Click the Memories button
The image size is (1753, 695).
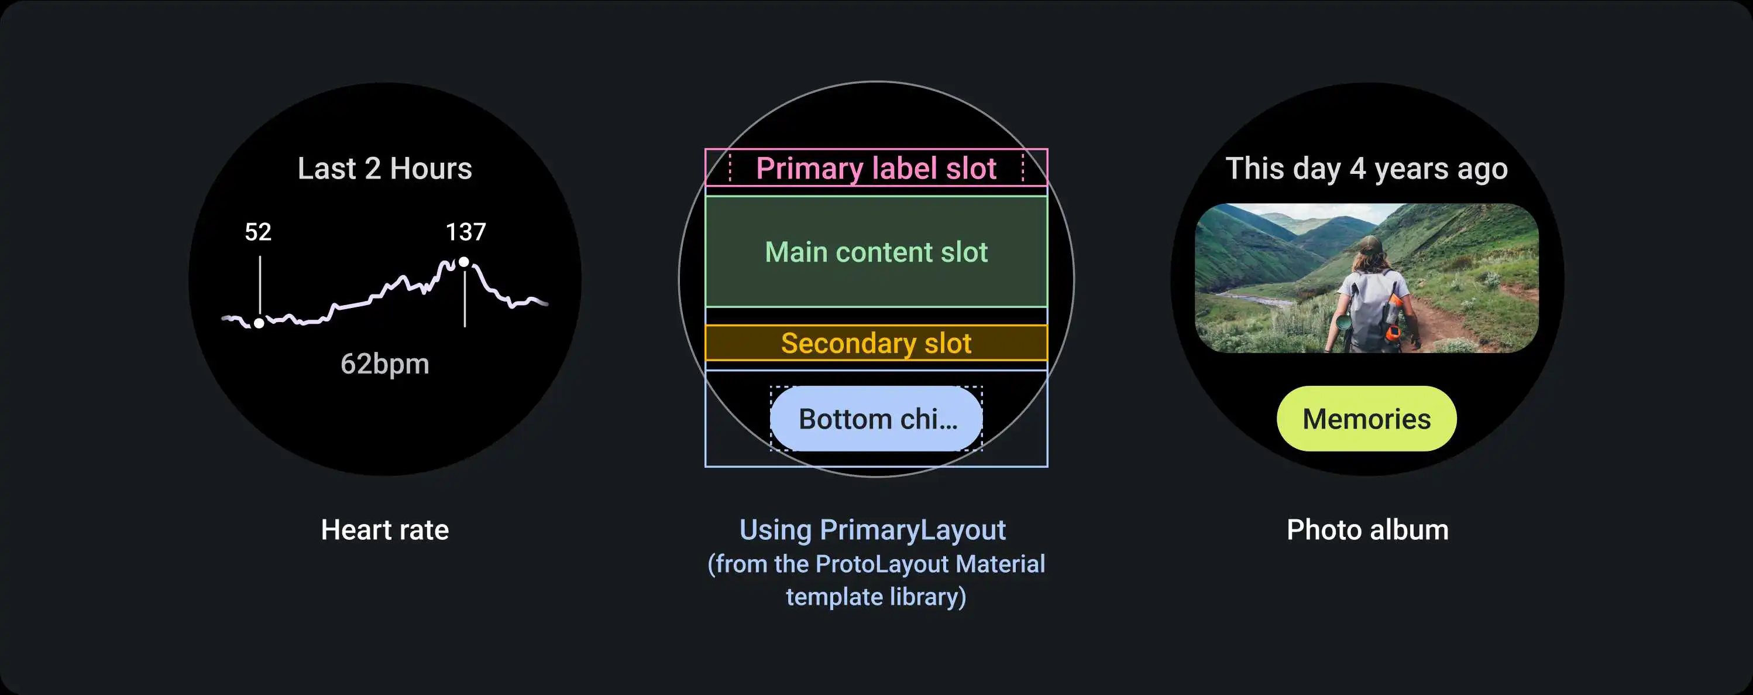coord(1366,419)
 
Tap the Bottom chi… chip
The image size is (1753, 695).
coord(876,419)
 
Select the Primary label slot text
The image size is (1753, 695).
coord(876,168)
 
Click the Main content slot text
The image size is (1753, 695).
coord(876,252)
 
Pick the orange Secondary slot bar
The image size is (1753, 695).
coord(876,343)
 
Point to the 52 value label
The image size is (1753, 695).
coord(258,232)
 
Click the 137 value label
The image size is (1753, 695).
coord(466,232)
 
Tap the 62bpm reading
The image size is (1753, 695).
coord(384,364)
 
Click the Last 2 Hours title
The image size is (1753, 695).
coord(384,168)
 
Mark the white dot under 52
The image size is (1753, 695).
coord(259,323)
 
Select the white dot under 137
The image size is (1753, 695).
coord(463,262)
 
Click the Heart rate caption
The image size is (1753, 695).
coord(384,529)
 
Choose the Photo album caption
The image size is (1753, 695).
coord(1367,529)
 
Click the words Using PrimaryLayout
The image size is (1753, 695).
coord(872,529)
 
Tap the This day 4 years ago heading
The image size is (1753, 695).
coord(1366,169)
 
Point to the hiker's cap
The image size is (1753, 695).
coord(1368,245)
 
